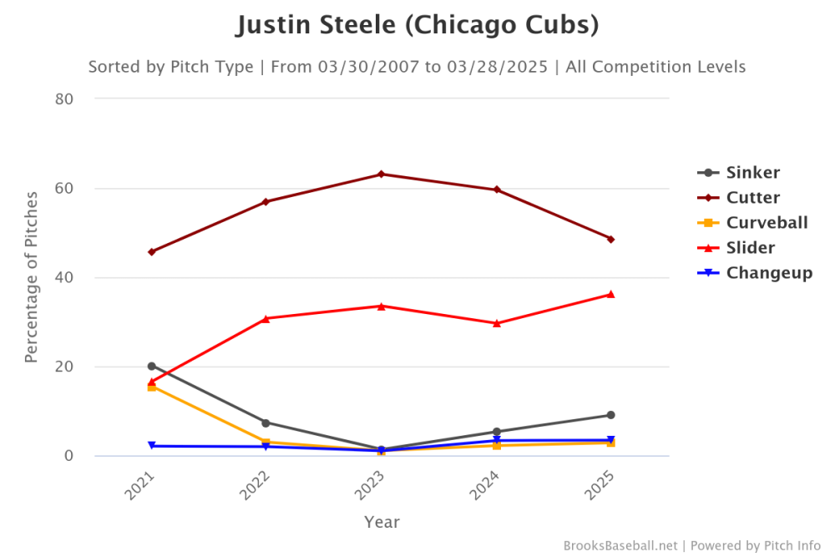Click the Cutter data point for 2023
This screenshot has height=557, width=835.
[382, 174]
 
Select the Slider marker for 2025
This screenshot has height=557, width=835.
[610, 294]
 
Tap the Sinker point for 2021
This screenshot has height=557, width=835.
[151, 366]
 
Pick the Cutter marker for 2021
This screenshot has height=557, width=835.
[151, 251]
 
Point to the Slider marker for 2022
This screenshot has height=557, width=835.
[266, 318]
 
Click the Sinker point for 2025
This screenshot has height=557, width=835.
[610, 415]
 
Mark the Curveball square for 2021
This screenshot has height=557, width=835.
[151, 387]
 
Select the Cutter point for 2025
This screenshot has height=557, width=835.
[610, 239]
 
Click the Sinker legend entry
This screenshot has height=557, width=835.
[752, 173]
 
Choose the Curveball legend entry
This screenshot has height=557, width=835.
[767, 223]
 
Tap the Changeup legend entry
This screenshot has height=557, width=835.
[769, 273]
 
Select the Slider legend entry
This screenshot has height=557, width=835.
[750, 248]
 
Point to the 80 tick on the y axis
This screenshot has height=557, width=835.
[65, 99]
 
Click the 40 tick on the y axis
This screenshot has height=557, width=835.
[65, 277]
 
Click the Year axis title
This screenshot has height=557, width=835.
[382, 523]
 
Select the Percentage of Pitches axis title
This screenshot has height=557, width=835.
[32, 277]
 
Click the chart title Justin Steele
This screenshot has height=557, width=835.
[417, 25]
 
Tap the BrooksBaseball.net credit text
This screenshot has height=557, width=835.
[621, 545]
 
